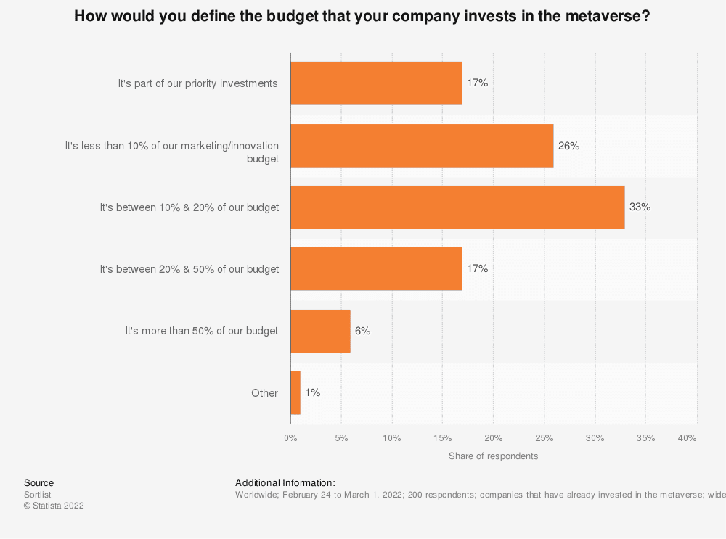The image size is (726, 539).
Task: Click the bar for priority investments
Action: point(376,83)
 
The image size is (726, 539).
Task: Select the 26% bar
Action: point(422,146)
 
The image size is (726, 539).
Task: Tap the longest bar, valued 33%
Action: point(457,207)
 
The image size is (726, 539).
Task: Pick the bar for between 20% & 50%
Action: point(376,269)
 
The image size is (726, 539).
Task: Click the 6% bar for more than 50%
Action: point(320,331)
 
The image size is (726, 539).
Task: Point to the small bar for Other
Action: point(295,393)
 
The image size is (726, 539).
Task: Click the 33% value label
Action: point(640,207)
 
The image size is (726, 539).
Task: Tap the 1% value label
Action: point(312,392)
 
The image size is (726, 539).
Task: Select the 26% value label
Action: point(568,146)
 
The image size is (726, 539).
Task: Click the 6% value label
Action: point(362,331)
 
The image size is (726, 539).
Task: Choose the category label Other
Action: point(264,393)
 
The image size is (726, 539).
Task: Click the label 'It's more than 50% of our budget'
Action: point(201,331)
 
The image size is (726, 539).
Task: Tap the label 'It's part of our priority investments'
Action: point(197,83)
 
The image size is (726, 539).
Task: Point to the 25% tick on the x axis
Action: point(544,438)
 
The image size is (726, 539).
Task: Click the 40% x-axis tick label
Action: point(687,438)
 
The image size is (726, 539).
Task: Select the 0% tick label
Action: point(290,438)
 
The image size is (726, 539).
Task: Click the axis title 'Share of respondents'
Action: point(493,456)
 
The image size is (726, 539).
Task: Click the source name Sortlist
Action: point(38,495)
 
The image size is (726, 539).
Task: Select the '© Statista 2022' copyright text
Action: point(54,506)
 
